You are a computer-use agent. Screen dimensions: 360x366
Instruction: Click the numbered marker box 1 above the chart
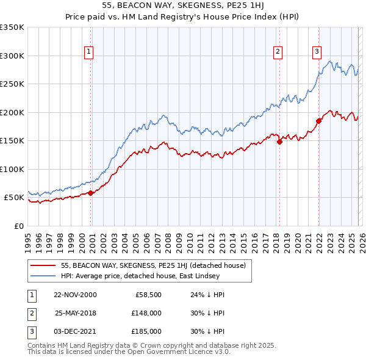pos(89,52)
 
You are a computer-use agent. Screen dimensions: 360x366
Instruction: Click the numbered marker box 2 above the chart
pos(278,52)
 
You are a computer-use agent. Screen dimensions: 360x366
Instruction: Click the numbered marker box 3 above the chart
pos(317,52)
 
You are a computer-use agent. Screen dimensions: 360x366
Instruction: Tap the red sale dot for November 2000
pos(91,193)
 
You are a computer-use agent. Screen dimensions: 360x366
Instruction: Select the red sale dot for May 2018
pos(279,142)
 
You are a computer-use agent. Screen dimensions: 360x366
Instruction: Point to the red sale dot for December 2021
pos(318,121)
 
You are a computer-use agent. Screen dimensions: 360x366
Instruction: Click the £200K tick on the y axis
pos(12,112)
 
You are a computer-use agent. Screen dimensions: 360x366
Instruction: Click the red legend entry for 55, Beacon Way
pos(153,265)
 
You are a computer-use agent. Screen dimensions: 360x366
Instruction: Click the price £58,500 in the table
pos(147,295)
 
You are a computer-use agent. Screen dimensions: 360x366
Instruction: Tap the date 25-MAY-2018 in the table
pos(74,313)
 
